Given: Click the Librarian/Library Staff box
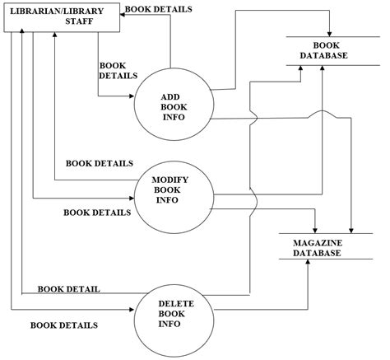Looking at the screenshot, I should click(63, 18).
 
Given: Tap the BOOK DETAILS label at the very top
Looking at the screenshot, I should click(159, 9).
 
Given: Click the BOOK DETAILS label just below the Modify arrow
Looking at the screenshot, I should click(97, 213).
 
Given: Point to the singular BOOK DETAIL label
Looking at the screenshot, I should click(69, 288).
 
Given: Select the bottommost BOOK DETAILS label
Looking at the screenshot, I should click(64, 325).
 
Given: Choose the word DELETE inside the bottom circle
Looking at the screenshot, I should click(174, 303).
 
